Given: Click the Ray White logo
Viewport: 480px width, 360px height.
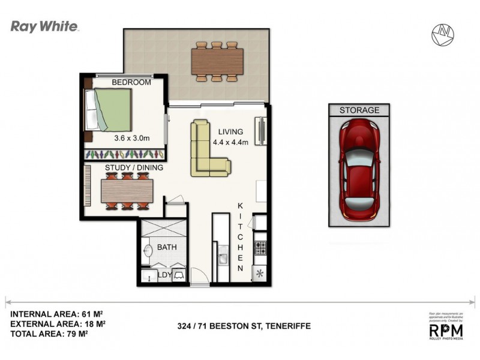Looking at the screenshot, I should click(44, 27).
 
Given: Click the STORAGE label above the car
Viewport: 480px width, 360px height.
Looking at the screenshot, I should click(359, 110).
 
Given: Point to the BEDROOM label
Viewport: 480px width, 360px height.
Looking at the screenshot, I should click(131, 82).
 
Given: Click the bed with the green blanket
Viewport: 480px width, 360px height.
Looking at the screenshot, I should click(109, 110).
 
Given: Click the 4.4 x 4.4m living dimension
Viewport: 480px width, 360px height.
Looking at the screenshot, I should click(230, 142).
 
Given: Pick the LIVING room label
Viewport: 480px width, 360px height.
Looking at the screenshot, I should click(230, 132).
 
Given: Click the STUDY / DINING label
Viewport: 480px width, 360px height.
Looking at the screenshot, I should click(134, 168).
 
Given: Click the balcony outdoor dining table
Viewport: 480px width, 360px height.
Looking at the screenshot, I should click(217, 61).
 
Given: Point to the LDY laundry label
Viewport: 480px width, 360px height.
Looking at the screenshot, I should click(164, 275).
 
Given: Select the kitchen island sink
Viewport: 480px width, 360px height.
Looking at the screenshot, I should click(223, 259).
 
